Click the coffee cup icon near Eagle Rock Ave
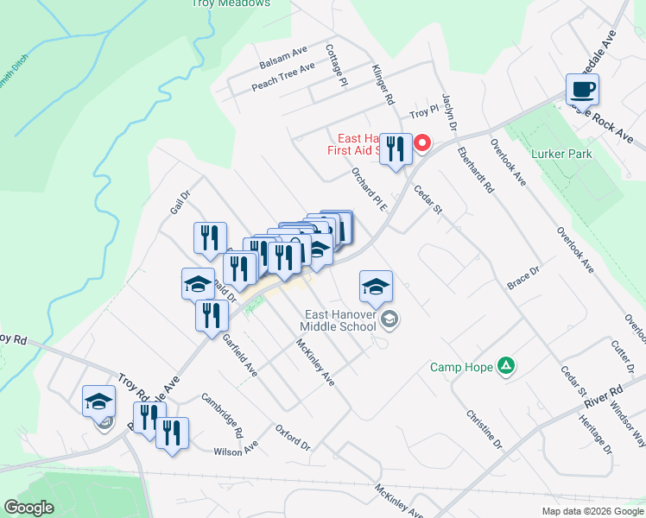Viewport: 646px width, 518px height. click(582, 89)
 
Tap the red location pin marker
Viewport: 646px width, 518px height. click(422, 142)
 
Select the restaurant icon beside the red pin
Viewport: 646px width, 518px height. click(395, 149)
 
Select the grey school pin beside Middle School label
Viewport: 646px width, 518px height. click(389, 320)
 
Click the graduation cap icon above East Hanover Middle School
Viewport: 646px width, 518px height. click(376, 287)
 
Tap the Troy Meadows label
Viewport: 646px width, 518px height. click(231, 3)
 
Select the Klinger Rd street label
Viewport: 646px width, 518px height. click(383, 84)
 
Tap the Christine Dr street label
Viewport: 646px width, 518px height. click(484, 429)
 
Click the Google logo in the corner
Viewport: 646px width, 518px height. click(29, 508)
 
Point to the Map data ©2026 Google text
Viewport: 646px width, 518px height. click(592, 511)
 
